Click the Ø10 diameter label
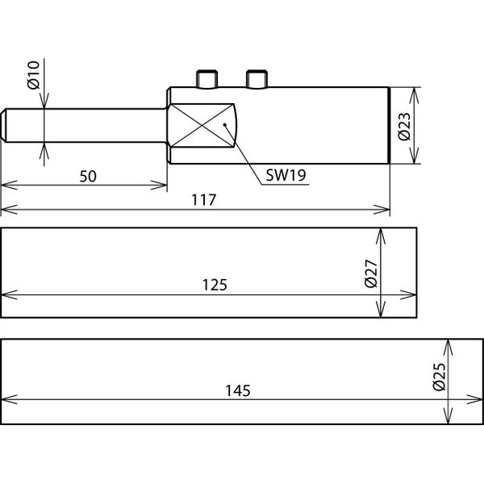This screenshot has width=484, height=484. coord(34,75)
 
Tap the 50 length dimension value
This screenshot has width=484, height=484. coord(88,176)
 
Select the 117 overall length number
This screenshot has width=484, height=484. coord(204,200)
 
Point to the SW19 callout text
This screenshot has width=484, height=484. coord(286,175)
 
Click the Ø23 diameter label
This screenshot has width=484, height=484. coord(404,127)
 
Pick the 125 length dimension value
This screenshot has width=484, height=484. coord(215,285)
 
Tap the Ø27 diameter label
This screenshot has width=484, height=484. coord(371,273)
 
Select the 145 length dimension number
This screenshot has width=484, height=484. coord(238,390)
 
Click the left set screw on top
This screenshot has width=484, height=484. coord(207,80)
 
